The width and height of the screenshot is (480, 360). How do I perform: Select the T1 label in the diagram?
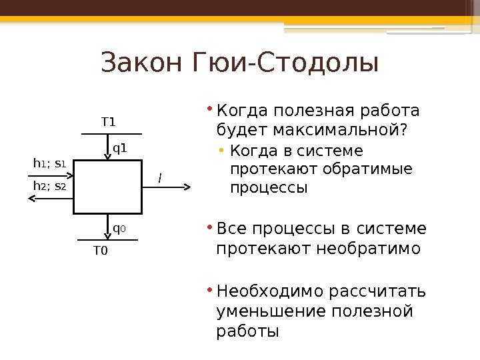click(x=108, y=122)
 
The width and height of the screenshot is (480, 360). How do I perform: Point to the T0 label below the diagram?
click(x=100, y=251)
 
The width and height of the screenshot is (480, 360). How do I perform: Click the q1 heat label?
click(x=119, y=148)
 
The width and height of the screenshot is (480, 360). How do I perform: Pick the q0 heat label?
click(x=119, y=229)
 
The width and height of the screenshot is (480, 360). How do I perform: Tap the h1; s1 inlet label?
click(x=49, y=163)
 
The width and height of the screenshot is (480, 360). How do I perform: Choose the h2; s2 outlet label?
click(x=50, y=187)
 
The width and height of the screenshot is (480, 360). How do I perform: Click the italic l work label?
click(x=159, y=178)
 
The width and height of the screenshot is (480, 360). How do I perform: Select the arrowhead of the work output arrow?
click(x=189, y=187)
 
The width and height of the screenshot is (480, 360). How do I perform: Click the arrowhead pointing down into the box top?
click(x=107, y=157)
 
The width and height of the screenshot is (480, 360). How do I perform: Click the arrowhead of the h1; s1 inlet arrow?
click(x=70, y=174)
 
